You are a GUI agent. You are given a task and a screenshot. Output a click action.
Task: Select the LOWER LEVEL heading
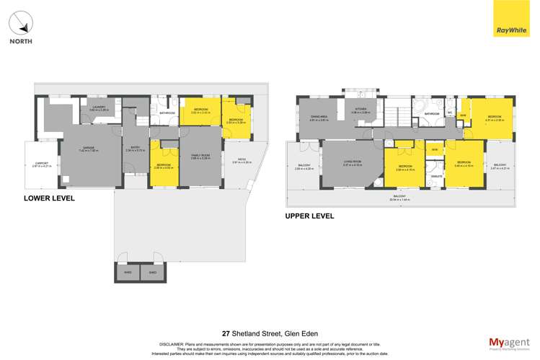(x=50, y=198)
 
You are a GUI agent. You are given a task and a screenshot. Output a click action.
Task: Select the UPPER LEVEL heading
(x=310, y=215)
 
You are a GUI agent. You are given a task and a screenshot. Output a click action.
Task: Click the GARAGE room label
(x=88, y=147)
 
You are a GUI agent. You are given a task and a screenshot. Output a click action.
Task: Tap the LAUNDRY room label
(x=99, y=108)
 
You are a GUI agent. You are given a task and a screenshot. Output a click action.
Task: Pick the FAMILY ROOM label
(x=200, y=154)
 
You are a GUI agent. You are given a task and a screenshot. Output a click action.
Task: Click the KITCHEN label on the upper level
(x=360, y=110)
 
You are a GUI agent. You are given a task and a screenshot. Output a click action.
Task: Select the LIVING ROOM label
(x=352, y=163)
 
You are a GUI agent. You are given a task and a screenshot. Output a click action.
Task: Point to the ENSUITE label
(x=436, y=175)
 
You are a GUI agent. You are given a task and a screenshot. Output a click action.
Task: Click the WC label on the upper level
(x=449, y=113)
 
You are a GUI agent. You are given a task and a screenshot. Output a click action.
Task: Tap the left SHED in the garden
(x=128, y=273)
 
